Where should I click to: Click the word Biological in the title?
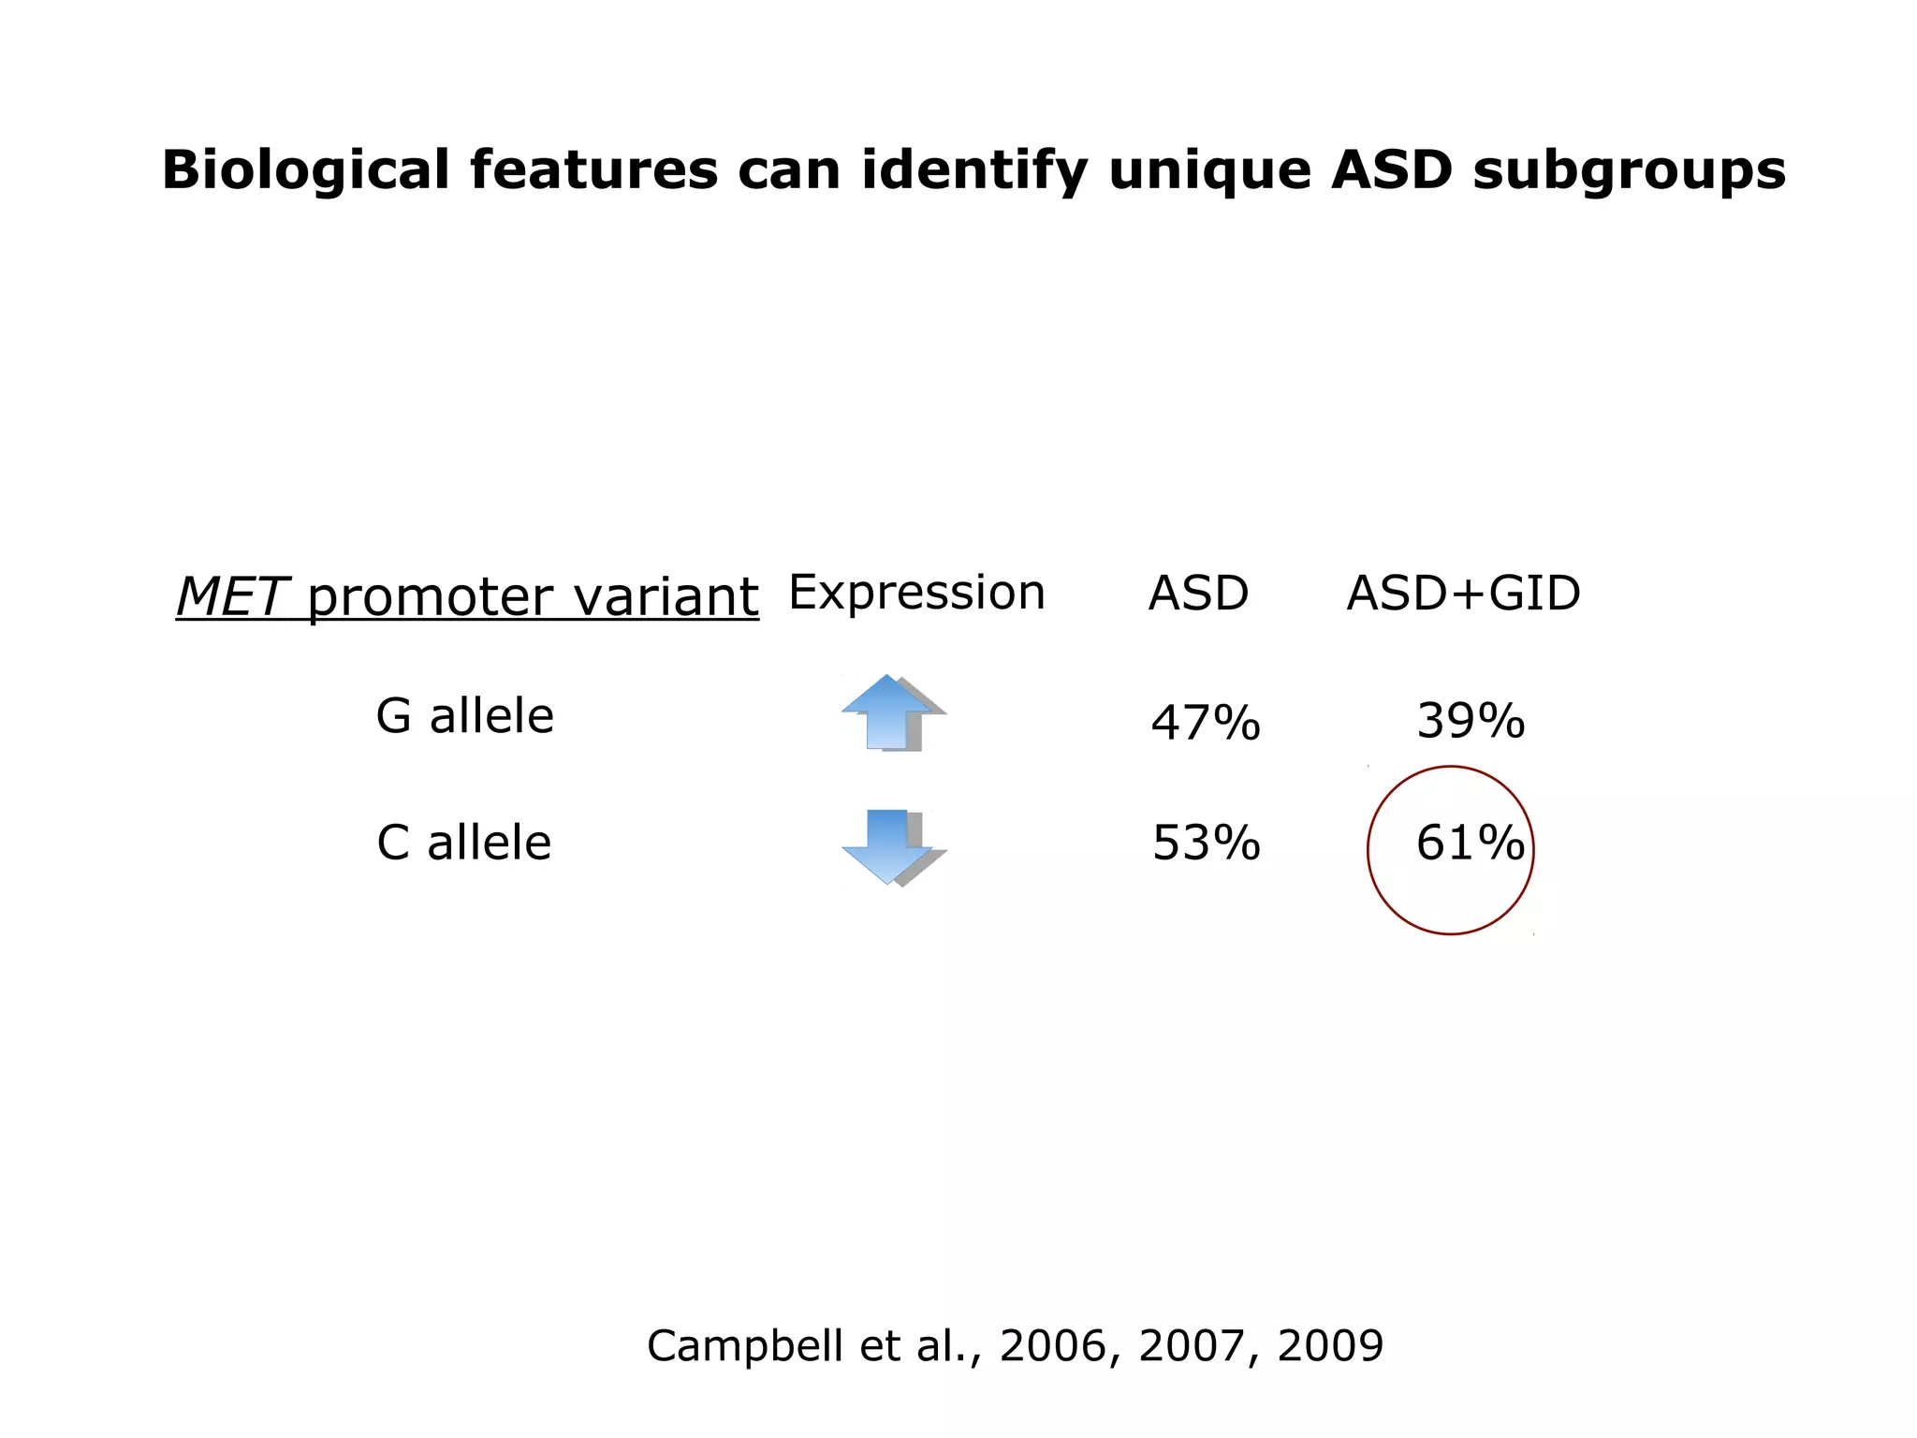click(x=305, y=171)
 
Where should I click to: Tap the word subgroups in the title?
click(x=1629, y=171)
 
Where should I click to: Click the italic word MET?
click(x=230, y=596)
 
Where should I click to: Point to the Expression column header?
click(x=916, y=593)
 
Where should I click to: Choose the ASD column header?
click(x=1198, y=594)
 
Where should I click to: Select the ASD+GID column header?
click(x=1463, y=594)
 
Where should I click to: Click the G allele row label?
click(x=464, y=716)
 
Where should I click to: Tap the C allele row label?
click(x=463, y=843)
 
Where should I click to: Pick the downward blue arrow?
click(x=888, y=846)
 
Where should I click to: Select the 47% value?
click(x=1206, y=723)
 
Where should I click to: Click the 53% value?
click(x=1206, y=843)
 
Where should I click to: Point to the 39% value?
click(x=1471, y=721)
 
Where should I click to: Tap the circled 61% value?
click(x=1470, y=843)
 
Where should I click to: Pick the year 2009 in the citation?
click(x=1329, y=1346)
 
